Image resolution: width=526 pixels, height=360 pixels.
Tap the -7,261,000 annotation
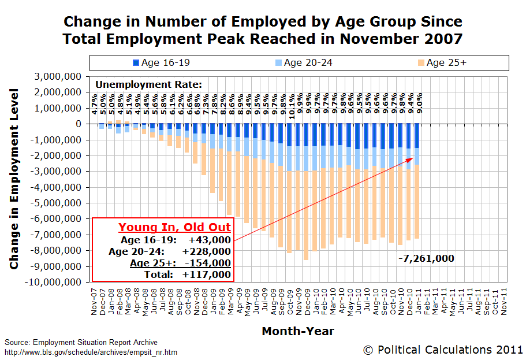426,258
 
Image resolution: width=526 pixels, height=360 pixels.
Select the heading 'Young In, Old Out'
174,227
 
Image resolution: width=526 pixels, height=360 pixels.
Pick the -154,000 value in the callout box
209,263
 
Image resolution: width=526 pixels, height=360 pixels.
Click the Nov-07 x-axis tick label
94,302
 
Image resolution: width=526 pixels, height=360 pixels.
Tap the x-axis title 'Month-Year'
297,331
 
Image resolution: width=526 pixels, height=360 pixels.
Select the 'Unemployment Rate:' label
148,84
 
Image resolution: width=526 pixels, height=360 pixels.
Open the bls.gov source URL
91,352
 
